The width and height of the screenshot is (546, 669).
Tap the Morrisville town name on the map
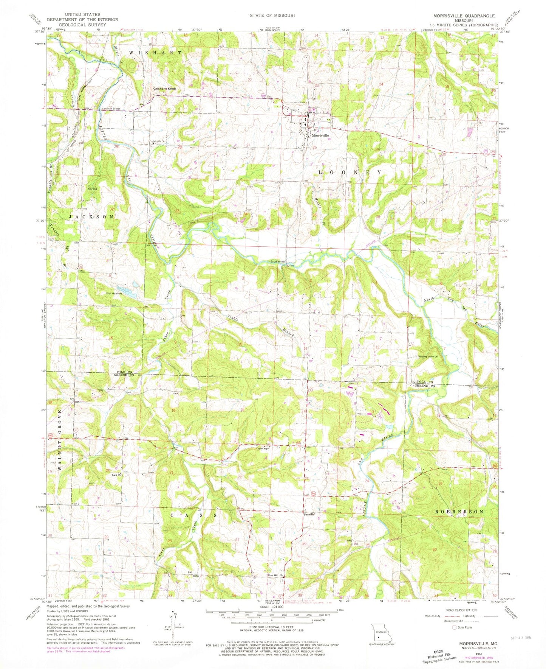click(320, 135)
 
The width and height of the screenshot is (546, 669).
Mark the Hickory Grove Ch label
click(427, 356)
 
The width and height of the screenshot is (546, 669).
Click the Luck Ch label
click(116, 475)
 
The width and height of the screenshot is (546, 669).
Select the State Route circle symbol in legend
click(455, 627)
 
